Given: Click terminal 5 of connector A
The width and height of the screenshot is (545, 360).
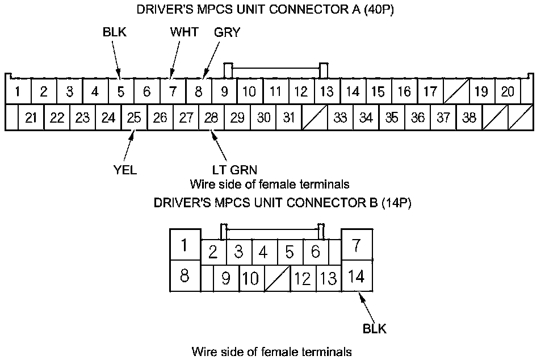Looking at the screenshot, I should (121, 91).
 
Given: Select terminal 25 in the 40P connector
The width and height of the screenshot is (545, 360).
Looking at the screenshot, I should (134, 118).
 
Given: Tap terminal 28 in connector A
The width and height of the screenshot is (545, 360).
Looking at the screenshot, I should (211, 118).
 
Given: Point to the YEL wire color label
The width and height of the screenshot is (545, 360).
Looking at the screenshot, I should (125, 170).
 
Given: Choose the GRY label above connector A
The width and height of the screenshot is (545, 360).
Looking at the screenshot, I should (227, 32).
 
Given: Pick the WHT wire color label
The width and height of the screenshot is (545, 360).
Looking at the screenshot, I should (185, 32).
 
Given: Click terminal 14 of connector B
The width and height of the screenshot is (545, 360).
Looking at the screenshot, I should (357, 277).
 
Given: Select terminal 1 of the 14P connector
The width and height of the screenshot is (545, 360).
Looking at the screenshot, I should (185, 245).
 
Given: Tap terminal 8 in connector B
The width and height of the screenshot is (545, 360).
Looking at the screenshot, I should (185, 277).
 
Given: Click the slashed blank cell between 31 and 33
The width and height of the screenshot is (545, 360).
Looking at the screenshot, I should (314, 118).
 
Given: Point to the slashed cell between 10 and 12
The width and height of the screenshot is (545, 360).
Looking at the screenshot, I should (278, 278).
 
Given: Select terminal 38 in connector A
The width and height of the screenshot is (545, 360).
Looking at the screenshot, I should (469, 118).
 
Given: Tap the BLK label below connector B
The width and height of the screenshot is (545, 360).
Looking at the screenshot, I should (375, 328).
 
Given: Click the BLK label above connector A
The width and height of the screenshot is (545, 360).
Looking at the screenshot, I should (115, 32).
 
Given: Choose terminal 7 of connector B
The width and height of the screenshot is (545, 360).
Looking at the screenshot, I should (357, 245).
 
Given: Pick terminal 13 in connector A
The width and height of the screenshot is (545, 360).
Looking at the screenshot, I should (326, 91).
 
